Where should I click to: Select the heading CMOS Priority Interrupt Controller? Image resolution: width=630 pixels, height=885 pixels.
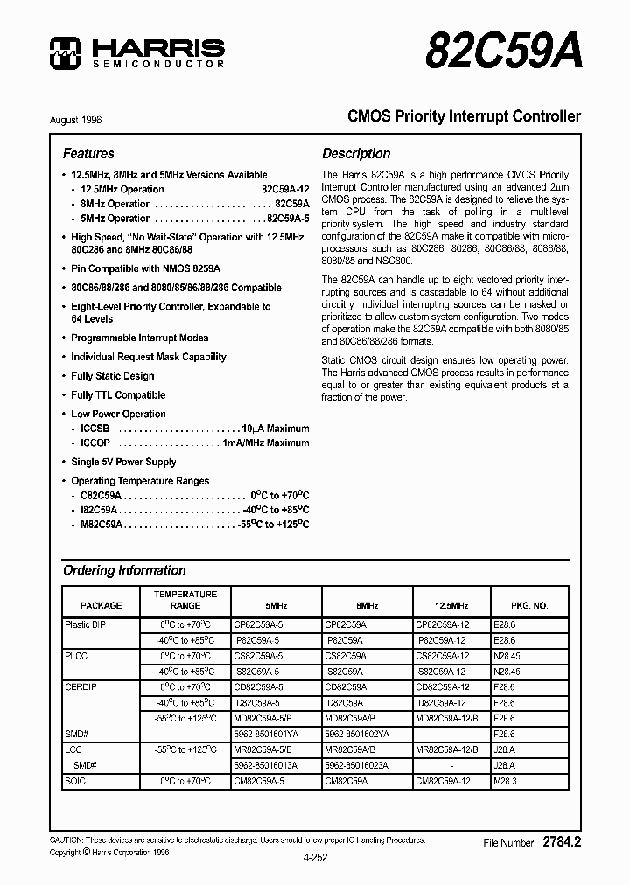click(464, 116)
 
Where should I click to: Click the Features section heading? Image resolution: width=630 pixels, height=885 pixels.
click(88, 153)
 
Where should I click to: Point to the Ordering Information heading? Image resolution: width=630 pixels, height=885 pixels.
click(124, 570)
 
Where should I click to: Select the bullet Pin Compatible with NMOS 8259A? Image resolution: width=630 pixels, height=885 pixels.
click(145, 268)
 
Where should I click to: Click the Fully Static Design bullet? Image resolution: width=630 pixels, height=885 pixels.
click(112, 376)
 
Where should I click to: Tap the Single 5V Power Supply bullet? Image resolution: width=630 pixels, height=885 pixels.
click(123, 462)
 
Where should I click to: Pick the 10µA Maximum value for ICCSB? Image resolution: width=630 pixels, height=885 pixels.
click(276, 429)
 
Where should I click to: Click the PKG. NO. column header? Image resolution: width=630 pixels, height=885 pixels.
click(529, 605)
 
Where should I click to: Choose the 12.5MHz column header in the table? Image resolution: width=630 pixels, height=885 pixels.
click(451, 605)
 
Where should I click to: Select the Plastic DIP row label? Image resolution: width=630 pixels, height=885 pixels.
click(85, 625)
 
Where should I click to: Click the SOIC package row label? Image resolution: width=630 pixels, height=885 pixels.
click(76, 781)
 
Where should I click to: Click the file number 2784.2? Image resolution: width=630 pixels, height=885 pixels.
click(562, 842)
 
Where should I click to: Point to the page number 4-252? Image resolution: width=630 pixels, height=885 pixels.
click(314, 858)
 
